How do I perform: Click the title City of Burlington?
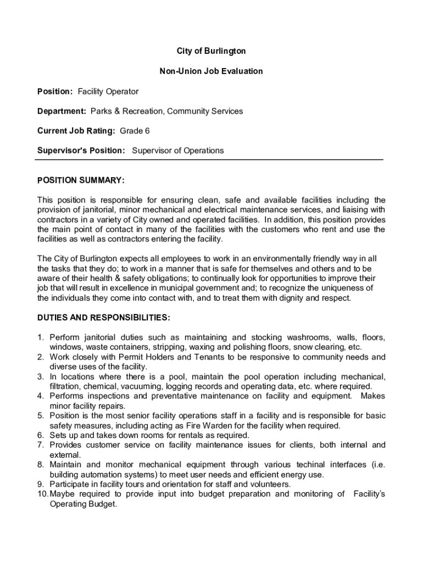tap(211, 51)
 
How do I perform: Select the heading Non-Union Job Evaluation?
tap(211, 71)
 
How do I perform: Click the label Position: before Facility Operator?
tap(55, 91)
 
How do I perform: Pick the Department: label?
tap(62, 111)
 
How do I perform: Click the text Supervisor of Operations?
tap(178, 150)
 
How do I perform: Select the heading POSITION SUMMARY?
tap(81, 180)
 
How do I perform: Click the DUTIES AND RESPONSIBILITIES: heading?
tap(103, 318)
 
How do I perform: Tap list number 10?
tap(43, 494)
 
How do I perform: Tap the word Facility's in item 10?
tap(369, 494)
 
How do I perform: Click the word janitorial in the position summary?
tap(93, 209)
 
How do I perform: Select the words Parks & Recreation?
tap(127, 111)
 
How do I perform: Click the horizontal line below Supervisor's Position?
tap(209, 160)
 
